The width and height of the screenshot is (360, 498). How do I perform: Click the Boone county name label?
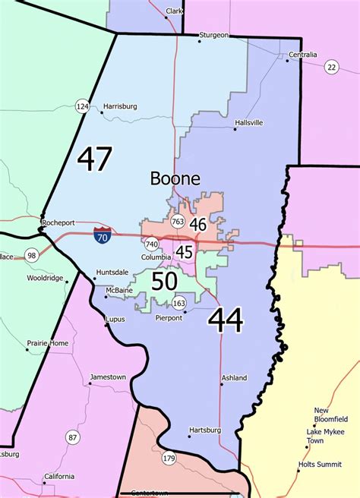point(175,179)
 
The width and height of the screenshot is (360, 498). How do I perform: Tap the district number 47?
point(94,159)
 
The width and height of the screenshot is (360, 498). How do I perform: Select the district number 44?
point(226,320)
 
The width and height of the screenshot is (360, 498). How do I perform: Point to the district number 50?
point(165,282)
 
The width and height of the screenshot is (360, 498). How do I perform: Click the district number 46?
point(198,224)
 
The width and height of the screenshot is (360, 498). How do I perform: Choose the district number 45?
point(184,251)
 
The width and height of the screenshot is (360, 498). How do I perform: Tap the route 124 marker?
point(82,106)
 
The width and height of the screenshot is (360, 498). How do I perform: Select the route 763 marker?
point(178,222)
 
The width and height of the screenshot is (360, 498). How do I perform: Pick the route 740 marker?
point(152,244)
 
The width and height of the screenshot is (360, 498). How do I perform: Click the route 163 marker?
point(179,304)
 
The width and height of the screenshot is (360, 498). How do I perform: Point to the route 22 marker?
point(331,68)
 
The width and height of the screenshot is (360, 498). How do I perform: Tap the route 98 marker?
point(32,254)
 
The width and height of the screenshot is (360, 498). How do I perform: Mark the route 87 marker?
point(72,437)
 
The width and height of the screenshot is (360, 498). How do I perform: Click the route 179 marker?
point(169,458)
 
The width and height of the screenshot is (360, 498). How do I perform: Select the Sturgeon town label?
point(213,35)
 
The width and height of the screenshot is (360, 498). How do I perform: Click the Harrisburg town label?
point(120,107)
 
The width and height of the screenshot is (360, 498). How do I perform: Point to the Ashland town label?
point(234,377)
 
